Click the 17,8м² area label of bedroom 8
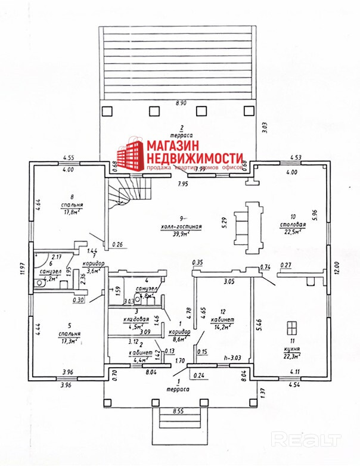(71, 211)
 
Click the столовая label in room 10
(294, 225)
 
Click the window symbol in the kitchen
(291, 329)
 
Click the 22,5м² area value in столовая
(294, 232)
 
